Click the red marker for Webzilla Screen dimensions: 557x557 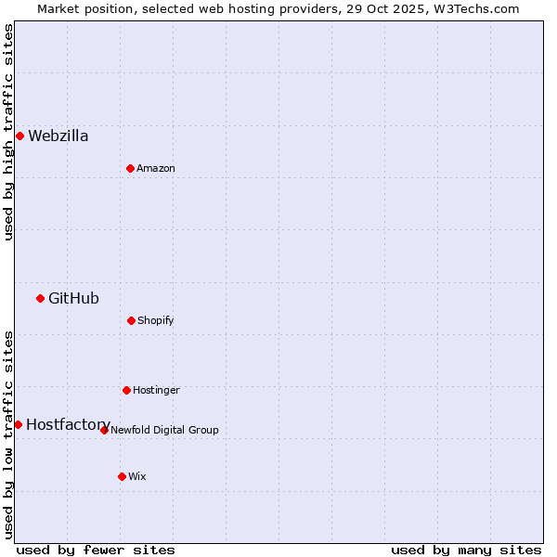coord(19,136)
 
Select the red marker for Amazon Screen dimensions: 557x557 coord(130,168)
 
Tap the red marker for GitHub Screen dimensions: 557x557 coord(40,298)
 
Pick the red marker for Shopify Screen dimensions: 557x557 coord(131,320)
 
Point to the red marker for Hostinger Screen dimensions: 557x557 coord(126,390)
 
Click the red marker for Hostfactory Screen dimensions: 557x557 coord(18,424)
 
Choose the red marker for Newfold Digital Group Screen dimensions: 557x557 coord(104,430)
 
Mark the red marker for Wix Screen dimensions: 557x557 coord(122,476)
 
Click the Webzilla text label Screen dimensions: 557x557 coord(58,136)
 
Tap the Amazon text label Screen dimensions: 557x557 coord(156,168)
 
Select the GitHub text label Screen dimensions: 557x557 coord(73,298)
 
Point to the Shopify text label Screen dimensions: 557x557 coord(156,320)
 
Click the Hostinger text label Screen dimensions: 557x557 coord(156,390)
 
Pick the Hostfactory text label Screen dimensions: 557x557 coord(68,424)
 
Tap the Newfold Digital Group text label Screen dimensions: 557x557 coord(164,430)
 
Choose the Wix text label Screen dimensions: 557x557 coord(137,476)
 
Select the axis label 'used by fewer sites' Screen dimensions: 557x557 coord(96,550)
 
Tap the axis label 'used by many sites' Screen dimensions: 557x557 coord(466,550)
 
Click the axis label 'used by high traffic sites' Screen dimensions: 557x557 coord(8,132)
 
